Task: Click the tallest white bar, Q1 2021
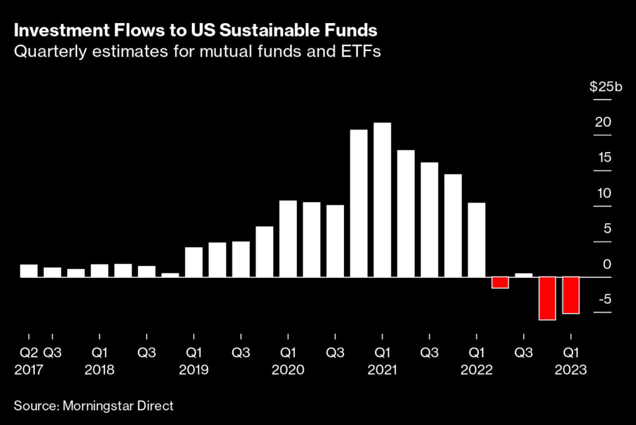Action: [382, 199]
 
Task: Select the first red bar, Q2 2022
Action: [500, 283]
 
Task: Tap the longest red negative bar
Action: [547, 298]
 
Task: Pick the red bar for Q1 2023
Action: [571, 295]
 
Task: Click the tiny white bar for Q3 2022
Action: [524, 275]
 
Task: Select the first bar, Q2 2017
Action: [29, 270]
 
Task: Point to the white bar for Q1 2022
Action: [476, 239]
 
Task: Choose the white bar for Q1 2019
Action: [194, 262]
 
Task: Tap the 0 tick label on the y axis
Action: [607, 264]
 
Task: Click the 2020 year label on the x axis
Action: [288, 369]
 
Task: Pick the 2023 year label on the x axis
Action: [571, 369]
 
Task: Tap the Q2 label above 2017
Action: [29, 353]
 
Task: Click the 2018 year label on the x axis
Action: [99, 369]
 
